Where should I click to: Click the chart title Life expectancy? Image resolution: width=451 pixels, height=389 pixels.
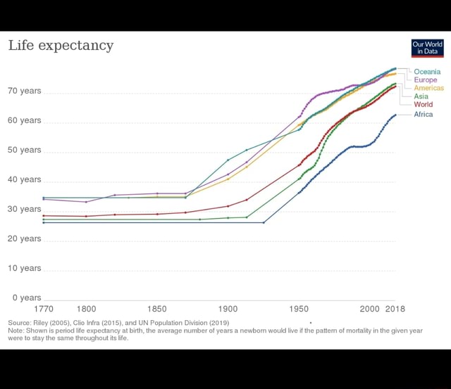click(61, 46)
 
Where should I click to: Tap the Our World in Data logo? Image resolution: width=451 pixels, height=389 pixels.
click(428, 48)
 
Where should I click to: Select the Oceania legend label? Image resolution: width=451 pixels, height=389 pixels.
click(427, 72)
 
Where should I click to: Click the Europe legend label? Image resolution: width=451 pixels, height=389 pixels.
click(425, 80)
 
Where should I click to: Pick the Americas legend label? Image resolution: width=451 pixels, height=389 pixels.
click(428, 88)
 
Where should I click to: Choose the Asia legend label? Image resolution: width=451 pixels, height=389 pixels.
click(421, 96)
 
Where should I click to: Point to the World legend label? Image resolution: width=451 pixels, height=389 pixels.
click(423, 104)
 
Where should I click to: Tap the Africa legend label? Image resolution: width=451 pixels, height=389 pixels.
click(423, 114)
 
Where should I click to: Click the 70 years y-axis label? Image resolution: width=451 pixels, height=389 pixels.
click(25, 91)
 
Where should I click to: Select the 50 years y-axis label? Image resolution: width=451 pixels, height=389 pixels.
click(25, 151)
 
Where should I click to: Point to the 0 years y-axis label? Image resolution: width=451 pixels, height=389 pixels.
click(25, 298)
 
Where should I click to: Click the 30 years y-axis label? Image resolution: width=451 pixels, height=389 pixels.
click(25, 210)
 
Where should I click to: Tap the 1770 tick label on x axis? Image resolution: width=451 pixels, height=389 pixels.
click(44, 309)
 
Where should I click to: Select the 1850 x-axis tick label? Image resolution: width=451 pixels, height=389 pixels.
click(157, 309)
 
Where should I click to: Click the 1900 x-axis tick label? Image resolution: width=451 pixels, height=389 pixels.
click(228, 309)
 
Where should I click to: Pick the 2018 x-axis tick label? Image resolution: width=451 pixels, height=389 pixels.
click(395, 309)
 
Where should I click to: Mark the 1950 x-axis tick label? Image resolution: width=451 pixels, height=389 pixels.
click(299, 309)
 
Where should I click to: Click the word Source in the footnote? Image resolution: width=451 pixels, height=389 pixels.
click(20, 322)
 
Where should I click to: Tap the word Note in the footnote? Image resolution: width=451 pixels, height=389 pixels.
click(16, 330)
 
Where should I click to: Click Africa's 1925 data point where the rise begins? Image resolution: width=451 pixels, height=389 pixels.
click(264, 222)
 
